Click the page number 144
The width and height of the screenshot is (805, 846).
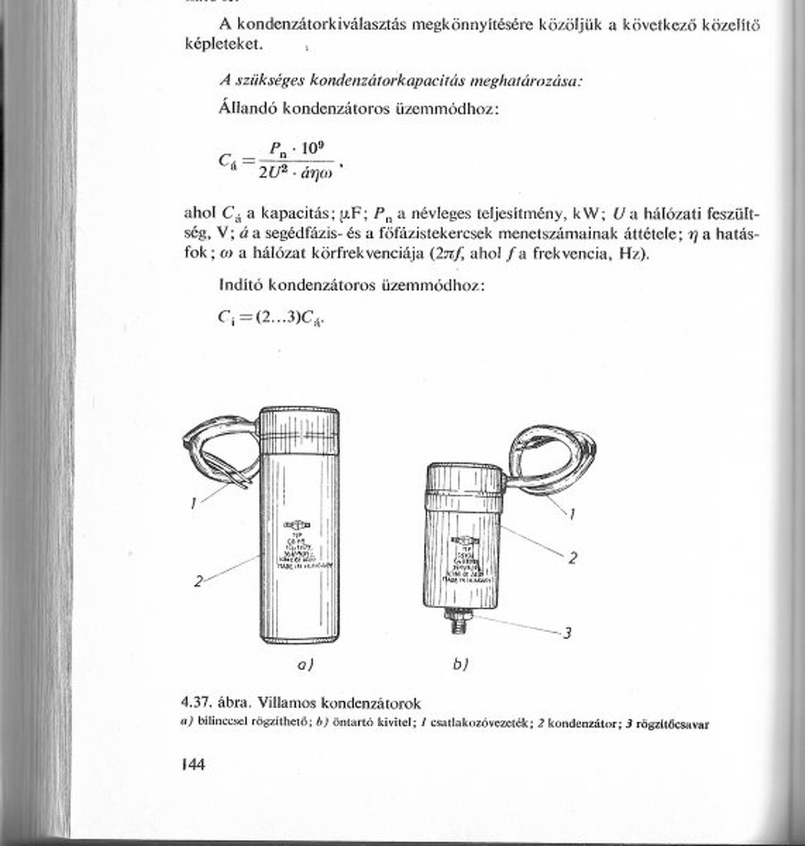click(193, 764)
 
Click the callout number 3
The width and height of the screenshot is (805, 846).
click(568, 634)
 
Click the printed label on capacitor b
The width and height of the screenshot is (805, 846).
click(462, 562)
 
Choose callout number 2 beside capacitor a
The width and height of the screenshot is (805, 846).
click(198, 581)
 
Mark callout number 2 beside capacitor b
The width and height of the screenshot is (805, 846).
click(572, 558)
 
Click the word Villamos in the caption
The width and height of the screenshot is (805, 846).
click(285, 703)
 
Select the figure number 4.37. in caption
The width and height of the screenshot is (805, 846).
click(198, 703)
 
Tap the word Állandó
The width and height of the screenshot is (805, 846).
click(248, 108)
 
